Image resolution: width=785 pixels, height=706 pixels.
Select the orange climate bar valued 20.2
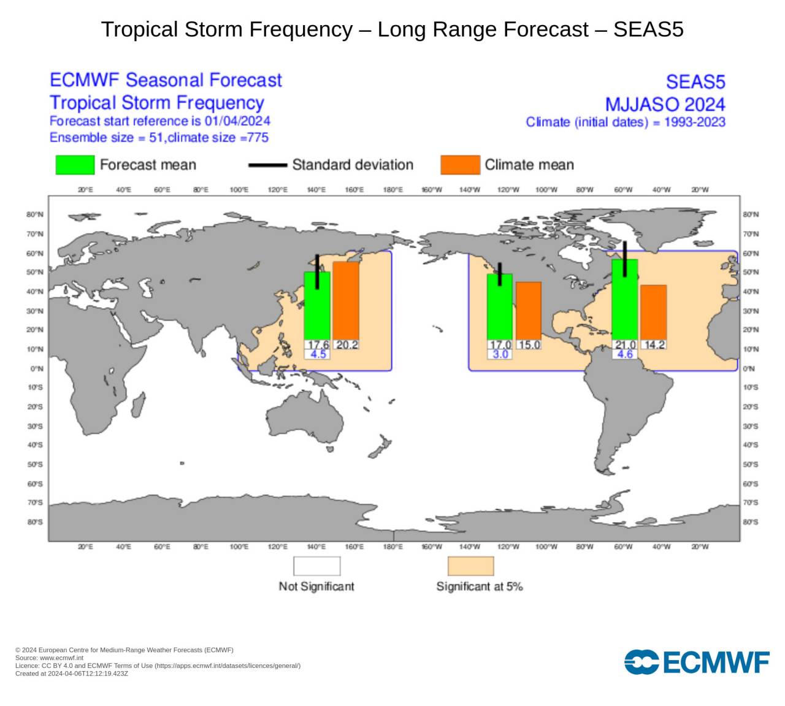346,300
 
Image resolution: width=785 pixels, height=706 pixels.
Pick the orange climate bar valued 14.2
653,312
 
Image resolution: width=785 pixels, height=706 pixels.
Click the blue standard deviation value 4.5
318,354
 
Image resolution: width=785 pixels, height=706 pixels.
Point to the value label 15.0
529,345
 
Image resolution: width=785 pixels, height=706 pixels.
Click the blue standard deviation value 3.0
500,354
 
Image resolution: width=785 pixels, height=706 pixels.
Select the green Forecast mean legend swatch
75,165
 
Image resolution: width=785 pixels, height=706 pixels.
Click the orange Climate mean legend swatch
460,165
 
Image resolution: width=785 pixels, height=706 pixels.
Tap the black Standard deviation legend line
267,165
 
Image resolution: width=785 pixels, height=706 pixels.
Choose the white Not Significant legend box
316,566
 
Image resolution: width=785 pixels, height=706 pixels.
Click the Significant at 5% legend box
470,566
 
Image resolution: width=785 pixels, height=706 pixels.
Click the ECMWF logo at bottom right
697,662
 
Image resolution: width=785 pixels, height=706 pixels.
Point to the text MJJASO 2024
665,104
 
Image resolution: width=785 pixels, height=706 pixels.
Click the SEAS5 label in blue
695,82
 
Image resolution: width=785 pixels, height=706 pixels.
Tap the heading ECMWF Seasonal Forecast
166,80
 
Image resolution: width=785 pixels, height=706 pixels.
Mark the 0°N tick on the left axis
37,369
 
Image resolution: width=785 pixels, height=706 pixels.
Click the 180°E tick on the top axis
392,190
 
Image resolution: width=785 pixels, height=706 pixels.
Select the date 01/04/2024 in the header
237,121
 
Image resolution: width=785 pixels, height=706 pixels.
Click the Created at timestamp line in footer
72,674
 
